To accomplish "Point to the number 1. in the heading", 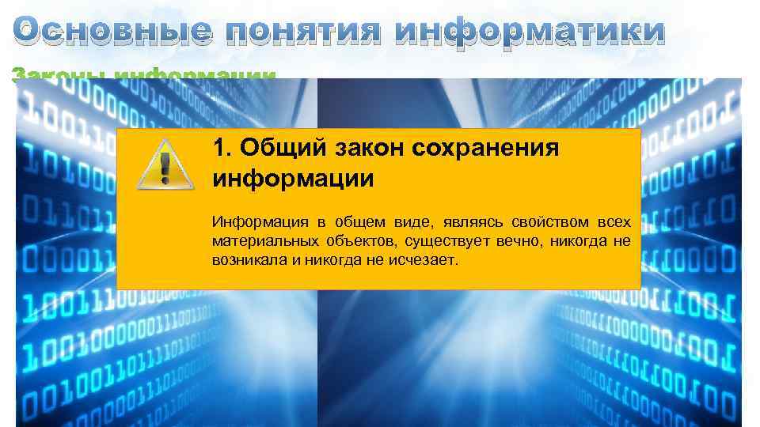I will (x=222, y=148).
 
